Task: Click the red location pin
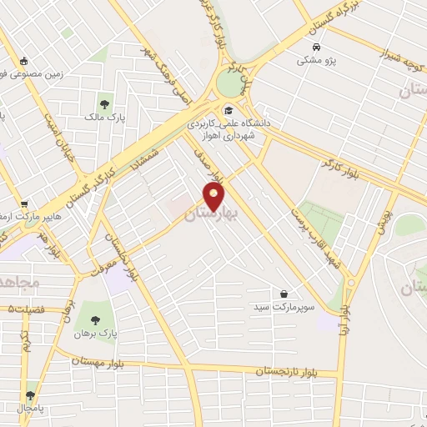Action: (214, 197)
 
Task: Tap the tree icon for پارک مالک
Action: (105, 105)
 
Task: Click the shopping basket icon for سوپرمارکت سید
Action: (285, 294)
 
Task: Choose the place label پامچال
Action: (31, 409)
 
